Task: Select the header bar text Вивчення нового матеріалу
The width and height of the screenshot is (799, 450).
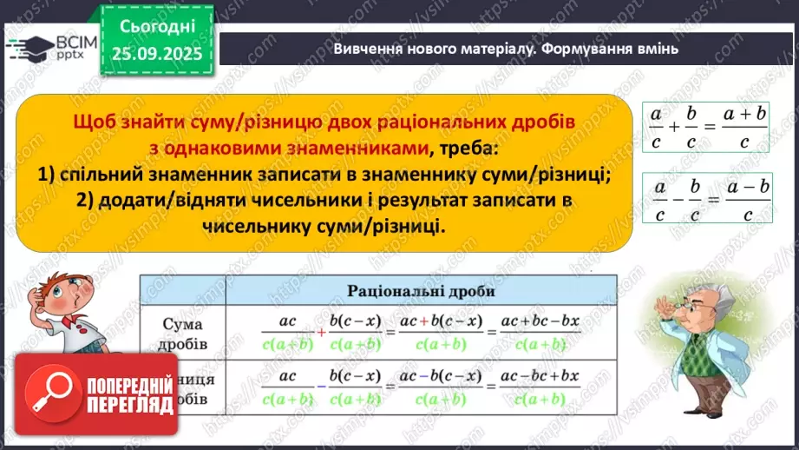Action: (x=434, y=49)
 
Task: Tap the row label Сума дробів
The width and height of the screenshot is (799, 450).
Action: (x=183, y=333)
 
